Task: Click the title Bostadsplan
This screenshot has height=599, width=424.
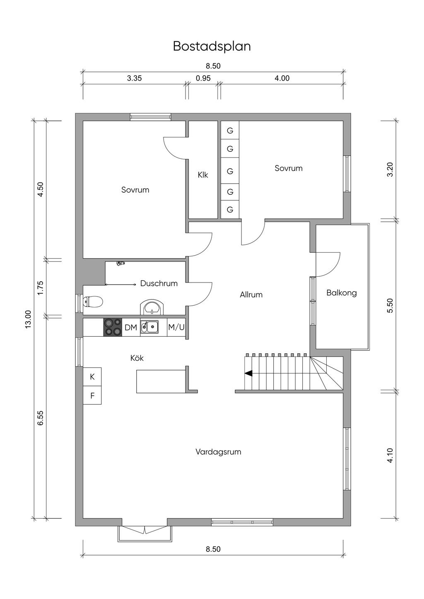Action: pos(212,46)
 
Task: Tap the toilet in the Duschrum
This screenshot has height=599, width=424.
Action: pos(93,302)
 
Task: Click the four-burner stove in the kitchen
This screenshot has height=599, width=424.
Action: pos(112,327)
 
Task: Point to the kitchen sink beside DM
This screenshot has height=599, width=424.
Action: pos(149,327)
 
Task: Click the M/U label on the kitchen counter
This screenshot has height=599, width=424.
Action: pos(176,327)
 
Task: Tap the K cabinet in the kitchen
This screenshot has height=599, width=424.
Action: pos(92,376)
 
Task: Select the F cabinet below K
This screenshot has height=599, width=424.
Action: pos(92,395)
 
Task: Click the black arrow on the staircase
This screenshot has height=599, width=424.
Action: pos(248,373)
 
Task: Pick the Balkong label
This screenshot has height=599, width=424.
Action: pos(341,293)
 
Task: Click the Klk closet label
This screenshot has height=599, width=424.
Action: pos(203,175)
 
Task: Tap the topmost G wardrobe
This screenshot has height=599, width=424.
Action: pos(230,131)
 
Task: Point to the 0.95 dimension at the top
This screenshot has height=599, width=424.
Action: pos(203,78)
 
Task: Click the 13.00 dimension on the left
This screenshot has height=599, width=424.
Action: pos(28,319)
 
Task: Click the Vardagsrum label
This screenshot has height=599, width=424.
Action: pos(218,452)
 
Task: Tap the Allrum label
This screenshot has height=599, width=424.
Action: pos(251,295)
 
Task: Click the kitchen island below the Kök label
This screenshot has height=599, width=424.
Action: pos(161,381)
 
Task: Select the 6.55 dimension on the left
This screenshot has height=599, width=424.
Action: pos(40,417)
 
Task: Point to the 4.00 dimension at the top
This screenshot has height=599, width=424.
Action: pos(282,78)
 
